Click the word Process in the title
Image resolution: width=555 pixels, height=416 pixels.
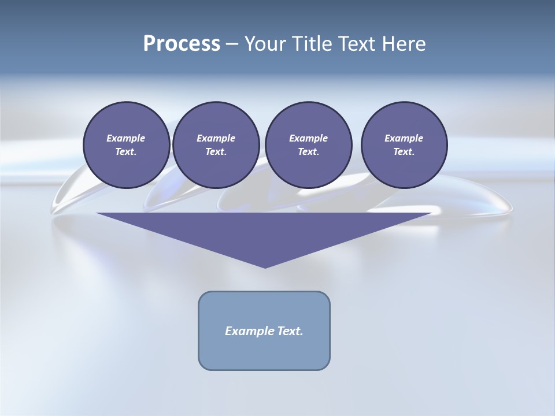[x=182, y=43]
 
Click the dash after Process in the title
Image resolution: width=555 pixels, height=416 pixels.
[x=232, y=44]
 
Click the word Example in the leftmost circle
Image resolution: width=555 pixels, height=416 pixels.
[x=126, y=138]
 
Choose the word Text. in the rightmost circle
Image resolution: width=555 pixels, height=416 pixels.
[x=404, y=151]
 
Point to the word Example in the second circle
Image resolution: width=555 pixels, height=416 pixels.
[x=216, y=138]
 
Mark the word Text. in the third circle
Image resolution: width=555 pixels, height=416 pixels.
[x=309, y=151]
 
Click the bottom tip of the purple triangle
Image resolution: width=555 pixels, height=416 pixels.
[x=265, y=266]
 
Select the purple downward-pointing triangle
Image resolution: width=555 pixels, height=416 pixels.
[x=264, y=231]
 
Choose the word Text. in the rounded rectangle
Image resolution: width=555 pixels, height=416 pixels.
[x=289, y=331]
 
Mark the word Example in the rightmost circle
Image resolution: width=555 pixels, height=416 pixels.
[x=404, y=138]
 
